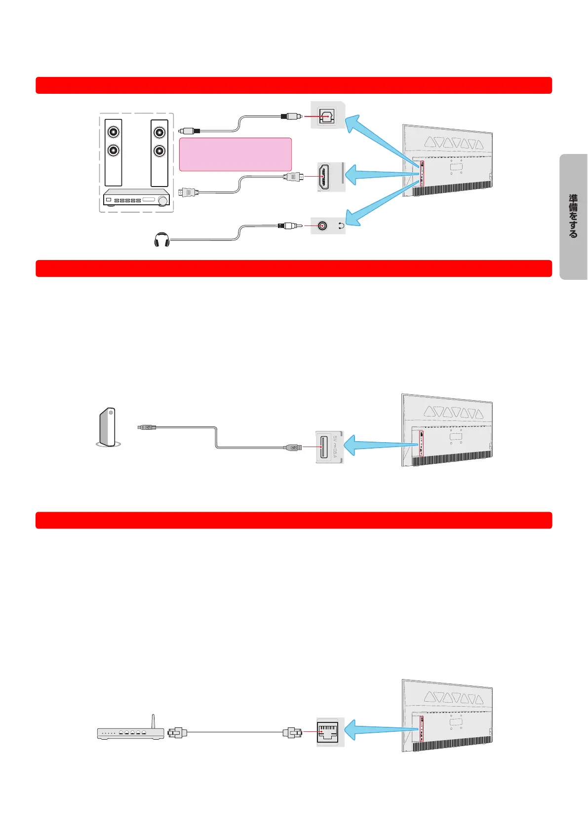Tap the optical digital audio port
pyautogui.click(x=326, y=116)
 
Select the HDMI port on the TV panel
pyautogui.click(x=324, y=177)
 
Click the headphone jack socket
pyautogui.click(x=322, y=226)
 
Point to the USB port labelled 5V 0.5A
pyautogui.click(x=324, y=447)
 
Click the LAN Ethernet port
pyautogui.click(x=328, y=732)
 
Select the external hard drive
pyautogui.click(x=108, y=427)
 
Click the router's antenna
pyautogui.click(x=153, y=721)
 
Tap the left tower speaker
pyautogui.click(x=114, y=152)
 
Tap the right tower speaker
pyautogui.click(x=159, y=152)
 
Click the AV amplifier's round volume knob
pyautogui.click(x=162, y=200)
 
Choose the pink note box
pyautogui.click(x=235, y=154)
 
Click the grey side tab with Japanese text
pyautogui.click(x=573, y=217)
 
